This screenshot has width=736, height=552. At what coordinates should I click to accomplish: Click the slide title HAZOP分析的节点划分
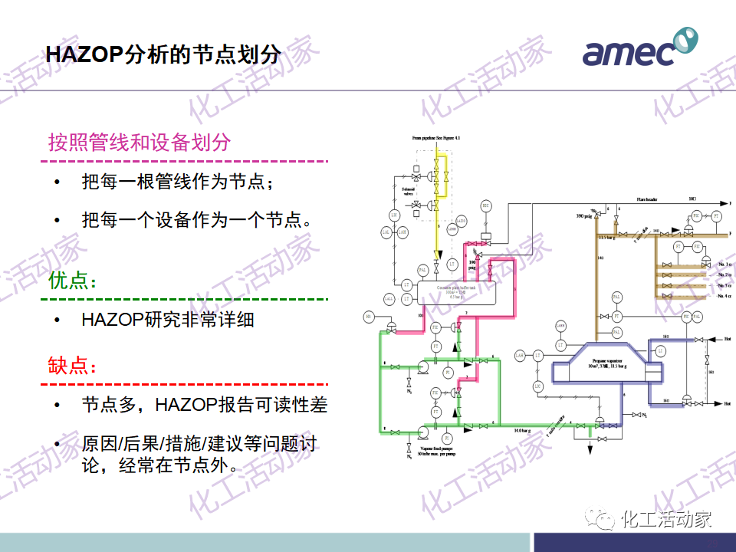(x=163, y=55)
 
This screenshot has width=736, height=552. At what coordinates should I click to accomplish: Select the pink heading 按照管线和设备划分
(x=139, y=143)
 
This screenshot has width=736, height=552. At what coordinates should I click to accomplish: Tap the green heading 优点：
(x=73, y=281)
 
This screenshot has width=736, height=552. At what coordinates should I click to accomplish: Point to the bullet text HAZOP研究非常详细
(x=168, y=320)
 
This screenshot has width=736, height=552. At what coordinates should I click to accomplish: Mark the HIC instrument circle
(x=486, y=206)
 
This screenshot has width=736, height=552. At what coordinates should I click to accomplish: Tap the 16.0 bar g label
(x=524, y=430)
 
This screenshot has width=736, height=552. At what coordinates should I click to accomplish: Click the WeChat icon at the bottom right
(x=601, y=520)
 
